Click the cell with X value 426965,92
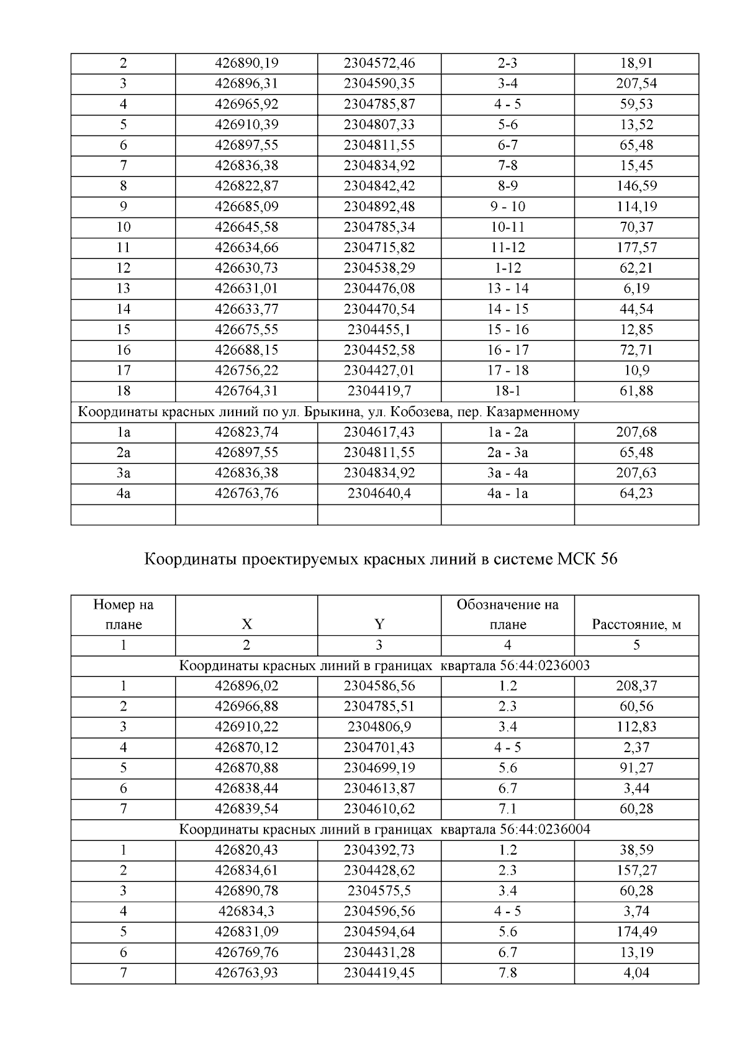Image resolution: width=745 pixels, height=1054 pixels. click(246, 104)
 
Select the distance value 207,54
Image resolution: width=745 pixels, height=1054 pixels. click(636, 84)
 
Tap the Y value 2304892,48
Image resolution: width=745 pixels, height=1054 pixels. click(379, 207)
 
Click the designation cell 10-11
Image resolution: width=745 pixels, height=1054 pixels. click(507, 227)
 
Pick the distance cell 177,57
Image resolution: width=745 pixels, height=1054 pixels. click(636, 248)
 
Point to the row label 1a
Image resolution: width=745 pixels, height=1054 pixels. click(123, 432)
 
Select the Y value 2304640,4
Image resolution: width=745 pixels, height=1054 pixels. click(379, 494)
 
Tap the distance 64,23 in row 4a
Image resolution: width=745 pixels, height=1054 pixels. click(636, 494)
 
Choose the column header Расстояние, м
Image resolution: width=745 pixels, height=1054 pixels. click(636, 625)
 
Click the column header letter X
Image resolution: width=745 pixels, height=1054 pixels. click(246, 625)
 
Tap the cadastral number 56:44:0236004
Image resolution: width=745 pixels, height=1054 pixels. click(544, 830)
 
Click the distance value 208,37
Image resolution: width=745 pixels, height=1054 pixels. click(636, 686)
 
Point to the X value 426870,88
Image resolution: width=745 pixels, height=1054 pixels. click(246, 768)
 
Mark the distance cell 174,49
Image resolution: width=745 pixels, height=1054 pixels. click(636, 932)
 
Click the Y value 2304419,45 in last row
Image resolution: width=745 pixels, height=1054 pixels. click(379, 973)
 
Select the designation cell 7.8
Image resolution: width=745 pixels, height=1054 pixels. click(507, 973)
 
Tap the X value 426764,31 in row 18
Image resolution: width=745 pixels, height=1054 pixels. click(246, 391)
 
